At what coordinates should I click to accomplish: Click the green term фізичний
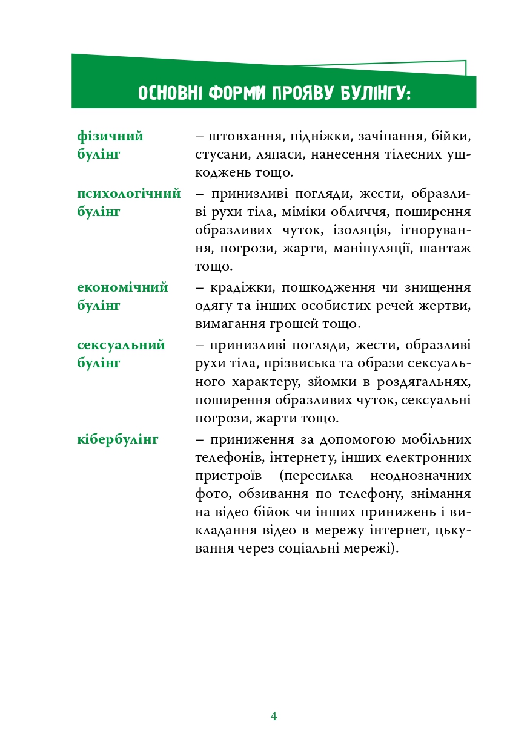tap(110, 137)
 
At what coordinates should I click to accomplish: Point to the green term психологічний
tap(129, 194)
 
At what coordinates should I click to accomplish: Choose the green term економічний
tap(122, 287)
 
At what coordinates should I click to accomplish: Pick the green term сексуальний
tap(121, 346)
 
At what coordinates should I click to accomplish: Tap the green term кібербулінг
tap(118, 439)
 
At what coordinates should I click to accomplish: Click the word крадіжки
tap(240, 287)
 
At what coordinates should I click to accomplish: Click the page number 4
tap(274, 717)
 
